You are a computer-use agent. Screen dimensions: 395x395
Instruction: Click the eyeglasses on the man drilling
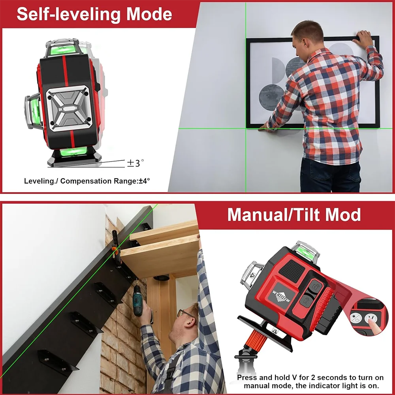186,314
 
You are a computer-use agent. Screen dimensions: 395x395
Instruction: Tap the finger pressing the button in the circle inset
373,325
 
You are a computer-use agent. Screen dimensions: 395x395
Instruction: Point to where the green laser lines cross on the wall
246,128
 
